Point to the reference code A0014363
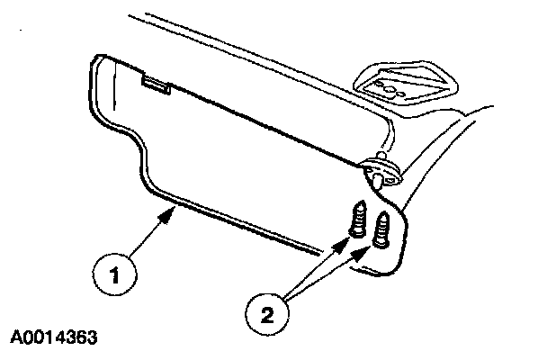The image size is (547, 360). [55, 339]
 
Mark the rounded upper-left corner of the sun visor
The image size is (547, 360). [98, 63]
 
